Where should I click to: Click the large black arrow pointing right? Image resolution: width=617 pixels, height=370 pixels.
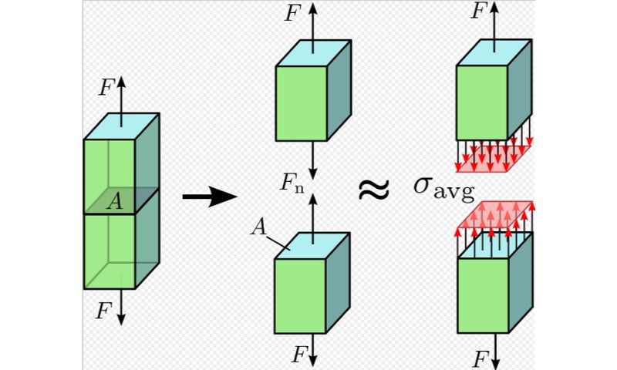pos(210,197)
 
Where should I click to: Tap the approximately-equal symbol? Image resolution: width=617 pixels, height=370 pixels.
pos(373,189)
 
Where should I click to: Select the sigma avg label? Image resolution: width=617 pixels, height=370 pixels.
pos(444,188)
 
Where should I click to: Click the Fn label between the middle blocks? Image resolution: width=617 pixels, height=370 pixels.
pos(292,183)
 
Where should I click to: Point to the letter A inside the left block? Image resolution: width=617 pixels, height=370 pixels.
pos(115,202)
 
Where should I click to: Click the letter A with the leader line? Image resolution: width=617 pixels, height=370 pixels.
pos(258,227)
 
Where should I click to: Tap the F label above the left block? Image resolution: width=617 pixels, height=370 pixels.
pos(106,87)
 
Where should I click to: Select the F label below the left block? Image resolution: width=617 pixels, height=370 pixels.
pos(104,311)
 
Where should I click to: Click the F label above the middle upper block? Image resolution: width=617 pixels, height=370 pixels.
pos(293,13)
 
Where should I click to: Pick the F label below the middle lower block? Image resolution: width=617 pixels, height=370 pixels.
pos(299,355)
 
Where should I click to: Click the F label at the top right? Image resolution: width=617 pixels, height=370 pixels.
pos(478,10)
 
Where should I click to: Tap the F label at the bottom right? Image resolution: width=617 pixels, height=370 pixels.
pos(480,359)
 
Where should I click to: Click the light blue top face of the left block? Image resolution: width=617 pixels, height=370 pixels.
pos(122,126)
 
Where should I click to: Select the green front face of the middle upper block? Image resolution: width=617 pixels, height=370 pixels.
pos(302,103)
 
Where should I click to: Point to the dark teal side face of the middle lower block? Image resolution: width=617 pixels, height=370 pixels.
pos(338,283)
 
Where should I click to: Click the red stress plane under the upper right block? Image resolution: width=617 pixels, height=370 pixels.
pos(494,160)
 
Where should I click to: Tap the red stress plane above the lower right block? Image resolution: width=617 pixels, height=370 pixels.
pos(495,215)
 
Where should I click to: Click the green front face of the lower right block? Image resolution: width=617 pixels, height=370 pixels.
pos(484,296)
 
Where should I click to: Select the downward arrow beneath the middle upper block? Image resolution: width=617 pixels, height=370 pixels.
pos(313,160)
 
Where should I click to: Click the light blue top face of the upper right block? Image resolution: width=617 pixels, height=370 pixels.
pos(494,52)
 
